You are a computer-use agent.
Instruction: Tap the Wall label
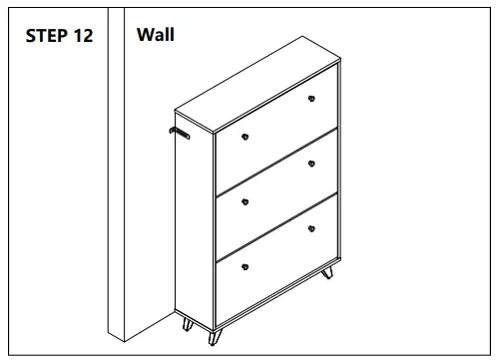pyautogui.click(x=155, y=35)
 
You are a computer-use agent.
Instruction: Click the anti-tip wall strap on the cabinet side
pyautogui.click(x=182, y=131)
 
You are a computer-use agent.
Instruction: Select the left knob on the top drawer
pyautogui.click(x=245, y=136)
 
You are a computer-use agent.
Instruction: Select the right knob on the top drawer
pyautogui.click(x=311, y=98)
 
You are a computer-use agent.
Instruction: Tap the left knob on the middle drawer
pyautogui.click(x=245, y=201)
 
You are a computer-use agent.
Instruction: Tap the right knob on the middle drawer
pyautogui.click(x=311, y=164)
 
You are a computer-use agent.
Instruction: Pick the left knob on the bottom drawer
pyautogui.click(x=245, y=267)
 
